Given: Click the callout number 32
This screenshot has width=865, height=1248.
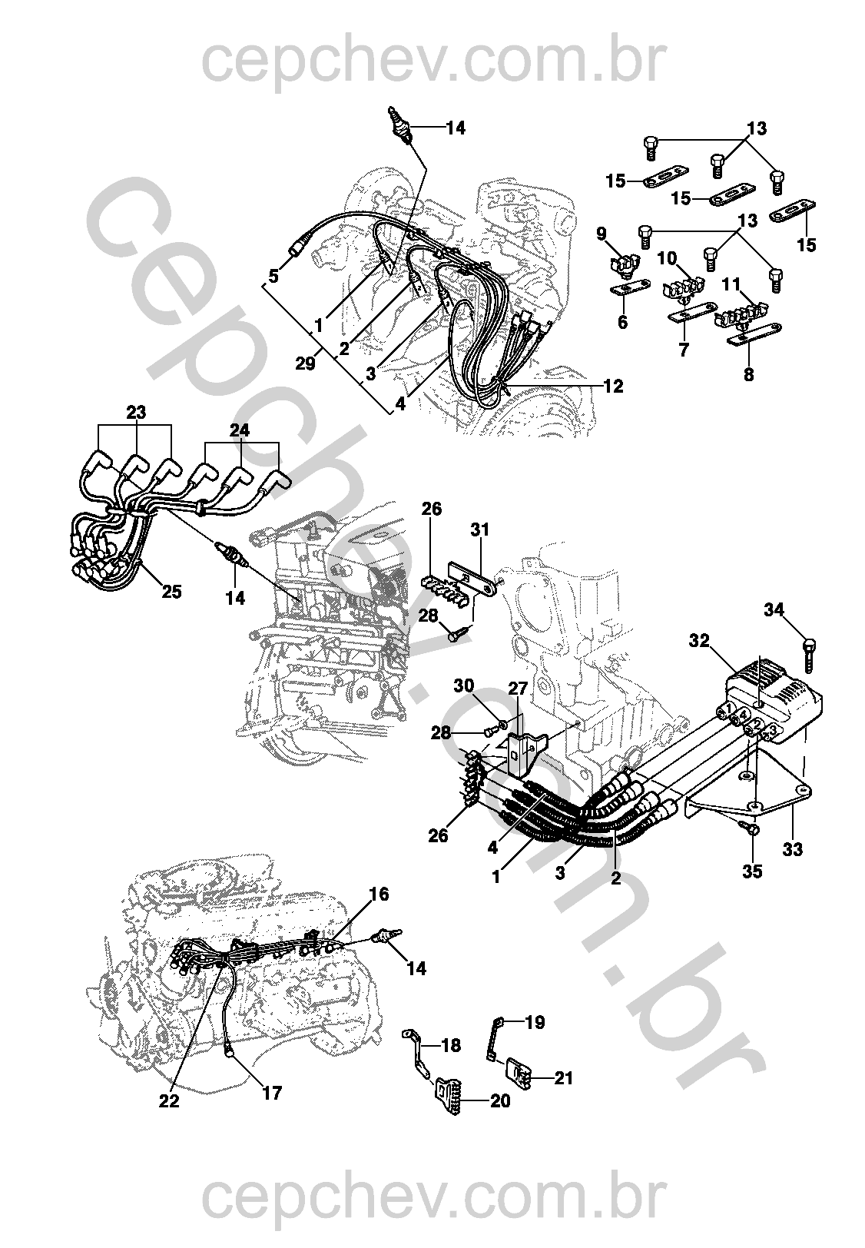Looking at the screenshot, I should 699,640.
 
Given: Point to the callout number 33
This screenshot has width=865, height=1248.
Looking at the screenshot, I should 793,849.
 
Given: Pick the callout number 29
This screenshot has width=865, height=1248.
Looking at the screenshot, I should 305,363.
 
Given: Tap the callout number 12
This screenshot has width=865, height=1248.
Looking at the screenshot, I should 613,387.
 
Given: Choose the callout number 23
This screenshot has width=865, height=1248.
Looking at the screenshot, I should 136,413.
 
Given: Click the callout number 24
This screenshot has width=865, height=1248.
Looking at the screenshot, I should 240,432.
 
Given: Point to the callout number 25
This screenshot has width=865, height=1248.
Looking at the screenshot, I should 172,592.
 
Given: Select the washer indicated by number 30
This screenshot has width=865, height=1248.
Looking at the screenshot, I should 503,723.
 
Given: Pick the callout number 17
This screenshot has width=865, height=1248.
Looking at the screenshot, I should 272,1092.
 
